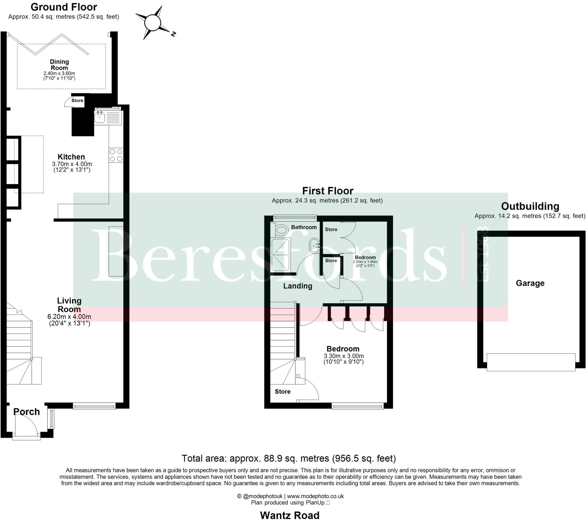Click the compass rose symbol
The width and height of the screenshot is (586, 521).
coord(153,23)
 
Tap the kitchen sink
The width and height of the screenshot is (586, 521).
coord(100,118)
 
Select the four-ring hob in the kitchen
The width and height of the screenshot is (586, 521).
coord(116,155)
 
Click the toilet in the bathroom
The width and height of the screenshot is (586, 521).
coord(282,230)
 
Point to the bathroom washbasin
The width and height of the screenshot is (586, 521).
coord(314,245)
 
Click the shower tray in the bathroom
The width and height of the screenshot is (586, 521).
coord(280,255)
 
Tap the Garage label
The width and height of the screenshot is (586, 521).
coord(530,283)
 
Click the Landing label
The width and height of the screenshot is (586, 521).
coord(298,286)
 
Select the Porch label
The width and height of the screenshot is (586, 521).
coord(27,412)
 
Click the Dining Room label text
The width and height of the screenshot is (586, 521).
coord(59,65)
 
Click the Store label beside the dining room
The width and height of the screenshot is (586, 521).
coord(77,100)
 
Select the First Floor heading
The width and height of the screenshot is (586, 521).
coord(328,191)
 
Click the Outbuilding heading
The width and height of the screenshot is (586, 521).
coord(530,206)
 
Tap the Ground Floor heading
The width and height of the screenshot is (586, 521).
coord(64,7)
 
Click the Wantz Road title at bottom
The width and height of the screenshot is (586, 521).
coord(290,515)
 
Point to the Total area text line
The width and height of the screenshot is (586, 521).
coord(289,459)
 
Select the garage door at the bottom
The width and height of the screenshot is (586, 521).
coord(531,362)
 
